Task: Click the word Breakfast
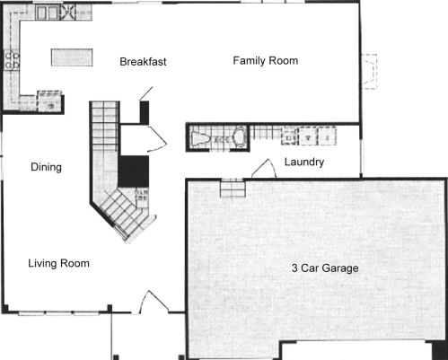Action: click(x=143, y=62)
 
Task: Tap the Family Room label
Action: click(x=266, y=61)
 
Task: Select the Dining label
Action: click(x=47, y=167)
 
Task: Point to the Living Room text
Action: click(x=58, y=263)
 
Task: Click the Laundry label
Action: click(x=304, y=162)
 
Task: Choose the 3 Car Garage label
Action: click(x=325, y=268)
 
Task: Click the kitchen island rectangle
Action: click(x=72, y=57)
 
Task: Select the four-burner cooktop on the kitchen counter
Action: click(x=12, y=60)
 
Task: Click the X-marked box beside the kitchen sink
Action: click(x=67, y=13)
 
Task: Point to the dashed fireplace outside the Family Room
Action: click(x=369, y=72)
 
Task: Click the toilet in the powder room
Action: click(x=202, y=138)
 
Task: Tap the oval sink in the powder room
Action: click(x=240, y=137)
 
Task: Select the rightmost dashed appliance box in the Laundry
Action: click(x=327, y=136)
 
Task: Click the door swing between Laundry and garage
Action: click(x=265, y=168)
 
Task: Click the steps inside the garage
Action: click(x=233, y=188)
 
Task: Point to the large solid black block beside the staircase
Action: click(x=134, y=171)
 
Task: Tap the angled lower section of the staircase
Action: click(x=123, y=214)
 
